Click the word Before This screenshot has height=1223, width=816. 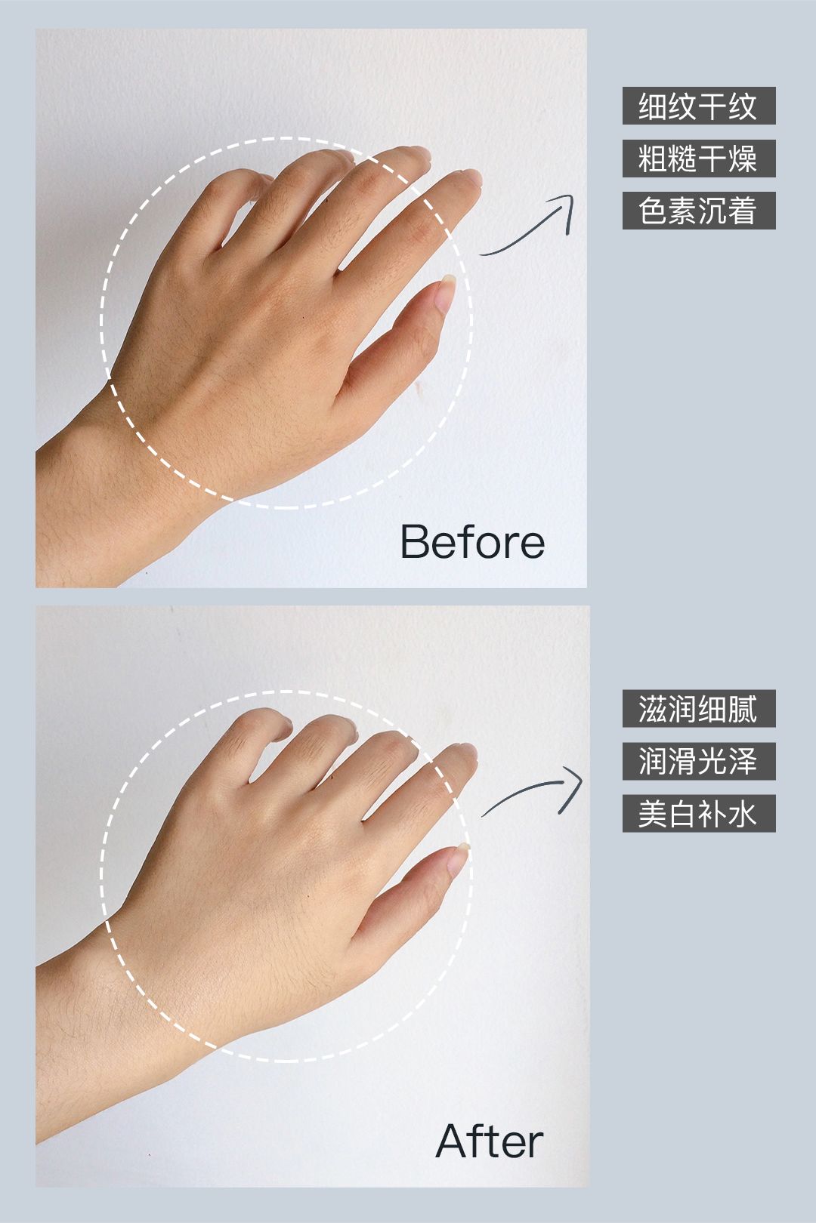click(473, 541)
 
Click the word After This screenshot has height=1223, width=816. click(489, 1141)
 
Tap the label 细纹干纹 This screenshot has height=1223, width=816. click(698, 106)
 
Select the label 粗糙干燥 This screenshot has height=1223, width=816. click(698, 159)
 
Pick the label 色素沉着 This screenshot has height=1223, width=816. click(698, 210)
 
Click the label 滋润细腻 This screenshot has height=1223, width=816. click(698, 709)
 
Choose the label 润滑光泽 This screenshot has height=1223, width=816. click(698, 761)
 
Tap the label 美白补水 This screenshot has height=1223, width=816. click(698, 814)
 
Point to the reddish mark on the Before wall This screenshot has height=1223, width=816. click(420, 388)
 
